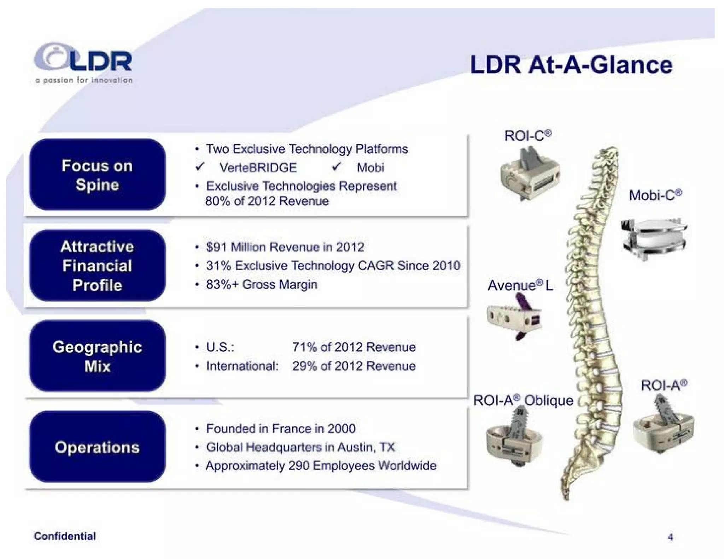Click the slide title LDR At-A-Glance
571,65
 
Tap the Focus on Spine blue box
97,175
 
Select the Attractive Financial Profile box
97,266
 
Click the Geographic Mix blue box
97,356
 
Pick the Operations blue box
97,447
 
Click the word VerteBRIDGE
258,167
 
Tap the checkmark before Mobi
337,166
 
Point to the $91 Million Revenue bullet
285,247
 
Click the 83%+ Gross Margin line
261,284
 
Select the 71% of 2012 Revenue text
354,347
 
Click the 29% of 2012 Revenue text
354,366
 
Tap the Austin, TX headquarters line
300,447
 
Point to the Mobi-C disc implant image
653,238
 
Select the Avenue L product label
520,286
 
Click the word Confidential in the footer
65,536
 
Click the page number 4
670,537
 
